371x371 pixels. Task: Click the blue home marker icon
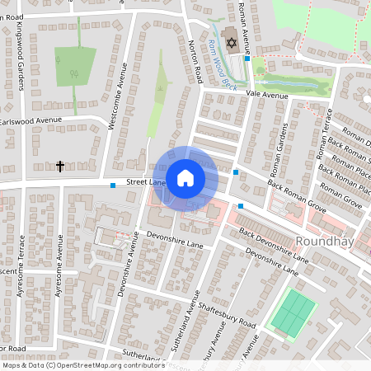pos(185,177)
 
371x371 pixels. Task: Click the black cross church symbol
pos(60,167)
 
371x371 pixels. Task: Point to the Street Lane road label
pos(146,182)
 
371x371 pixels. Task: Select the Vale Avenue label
pos(270,96)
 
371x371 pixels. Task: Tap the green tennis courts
pos(294,312)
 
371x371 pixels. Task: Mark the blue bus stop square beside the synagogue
pos(247,59)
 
